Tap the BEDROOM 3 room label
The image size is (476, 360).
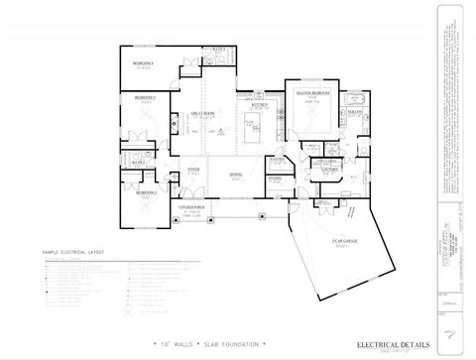pyautogui.click(x=146, y=97)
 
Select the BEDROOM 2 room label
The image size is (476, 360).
pyautogui.click(x=146, y=192)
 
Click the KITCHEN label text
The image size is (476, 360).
pyautogui.click(x=260, y=104)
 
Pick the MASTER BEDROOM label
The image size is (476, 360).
pyautogui.click(x=311, y=92)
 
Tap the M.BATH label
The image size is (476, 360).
pyautogui.click(x=354, y=114)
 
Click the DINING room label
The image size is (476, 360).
pyautogui.click(x=236, y=175)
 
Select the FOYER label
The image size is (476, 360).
pyautogui.click(x=194, y=171)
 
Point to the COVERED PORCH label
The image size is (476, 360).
pyautogui.click(x=191, y=207)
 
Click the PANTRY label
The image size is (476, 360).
pyautogui.click(x=278, y=159)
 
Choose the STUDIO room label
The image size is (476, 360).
pyautogui.click(x=275, y=179)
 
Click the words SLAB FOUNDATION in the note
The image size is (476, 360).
pyautogui.click(x=234, y=344)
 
